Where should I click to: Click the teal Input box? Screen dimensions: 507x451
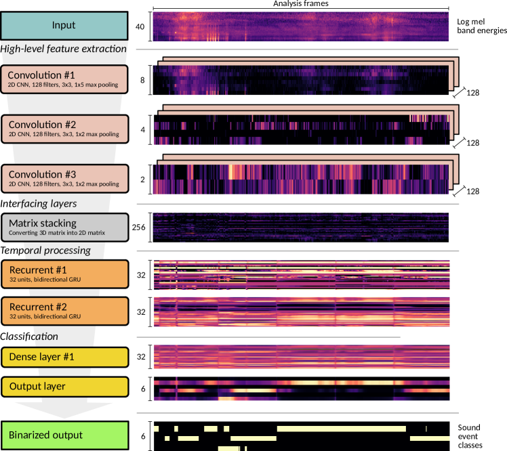pyautogui.click(x=64, y=26)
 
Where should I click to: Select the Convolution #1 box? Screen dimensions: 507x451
pyautogui.click(x=64, y=79)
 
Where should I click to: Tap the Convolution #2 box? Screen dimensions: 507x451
pyautogui.click(x=65, y=129)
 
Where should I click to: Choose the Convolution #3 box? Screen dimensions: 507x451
pyautogui.click(x=65, y=179)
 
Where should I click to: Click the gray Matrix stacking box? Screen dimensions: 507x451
pyautogui.click(x=65, y=228)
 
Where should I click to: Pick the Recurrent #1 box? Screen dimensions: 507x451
pyautogui.click(x=65, y=274)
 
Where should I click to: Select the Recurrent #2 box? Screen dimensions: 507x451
pyautogui.click(x=65, y=311)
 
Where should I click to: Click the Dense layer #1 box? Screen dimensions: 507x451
pyautogui.click(x=65, y=358)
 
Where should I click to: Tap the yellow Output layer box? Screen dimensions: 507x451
pyautogui.click(x=65, y=387)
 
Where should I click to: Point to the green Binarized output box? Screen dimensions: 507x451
pyautogui.click(x=65, y=435)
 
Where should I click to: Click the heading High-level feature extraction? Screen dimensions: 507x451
pyautogui.click(x=64, y=49)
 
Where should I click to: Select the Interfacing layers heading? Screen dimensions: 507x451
pyautogui.click(x=39, y=204)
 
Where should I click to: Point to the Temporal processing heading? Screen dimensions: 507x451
pyautogui.click(x=45, y=251)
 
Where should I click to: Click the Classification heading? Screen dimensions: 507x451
pyautogui.click(x=29, y=337)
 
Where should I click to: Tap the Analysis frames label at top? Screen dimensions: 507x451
pyautogui.click(x=301, y=3)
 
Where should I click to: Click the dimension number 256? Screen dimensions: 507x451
pyautogui.click(x=139, y=228)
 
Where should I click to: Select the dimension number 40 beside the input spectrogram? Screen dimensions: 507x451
pyautogui.click(x=140, y=26)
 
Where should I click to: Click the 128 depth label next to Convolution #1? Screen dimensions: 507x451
pyautogui.click(x=472, y=93)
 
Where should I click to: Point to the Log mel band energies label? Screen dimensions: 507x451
pyautogui.click(x=482, y=26)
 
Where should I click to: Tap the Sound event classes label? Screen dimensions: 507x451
pyautogui.click(x=470, y=437)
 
